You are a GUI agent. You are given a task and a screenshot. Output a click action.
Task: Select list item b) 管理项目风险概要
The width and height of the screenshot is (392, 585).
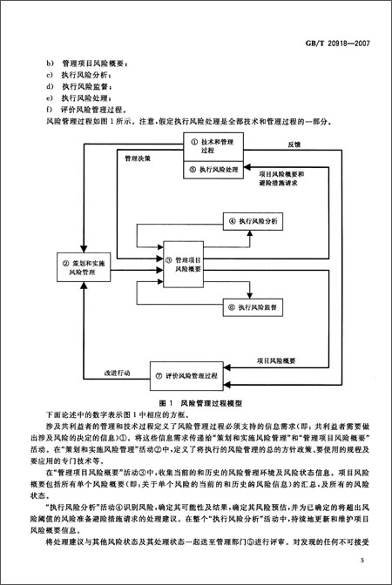point(91,64)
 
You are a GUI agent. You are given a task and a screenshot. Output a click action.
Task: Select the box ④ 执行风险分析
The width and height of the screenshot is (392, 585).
point(252,223)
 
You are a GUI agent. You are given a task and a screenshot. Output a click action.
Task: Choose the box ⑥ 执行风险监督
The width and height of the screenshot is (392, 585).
point(252,306)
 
